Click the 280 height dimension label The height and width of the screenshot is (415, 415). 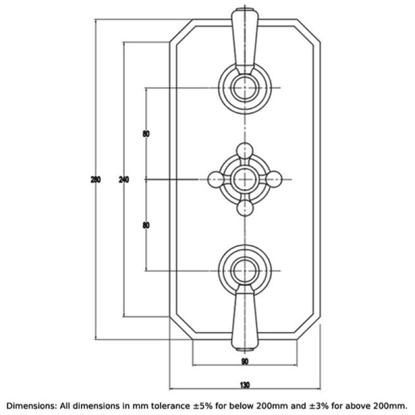click(95, 179)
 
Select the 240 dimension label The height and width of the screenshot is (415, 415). click(124, 179)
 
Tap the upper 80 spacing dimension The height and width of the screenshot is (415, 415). click(146, 134)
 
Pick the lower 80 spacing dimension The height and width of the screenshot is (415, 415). click(146, 225)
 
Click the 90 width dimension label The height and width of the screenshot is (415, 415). click(245, 361)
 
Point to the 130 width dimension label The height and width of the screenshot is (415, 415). click(244, 385)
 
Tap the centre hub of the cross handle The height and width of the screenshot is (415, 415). click(245, 179)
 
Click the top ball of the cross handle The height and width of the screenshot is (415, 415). click(245, 151)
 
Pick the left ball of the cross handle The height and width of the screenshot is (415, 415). click(216, 179)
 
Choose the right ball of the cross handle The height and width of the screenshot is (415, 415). click(274, 179)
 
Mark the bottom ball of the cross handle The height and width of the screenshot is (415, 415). click(245, 209)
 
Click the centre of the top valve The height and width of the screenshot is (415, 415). click(245, 88)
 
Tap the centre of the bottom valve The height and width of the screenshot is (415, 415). click(245, 271)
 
